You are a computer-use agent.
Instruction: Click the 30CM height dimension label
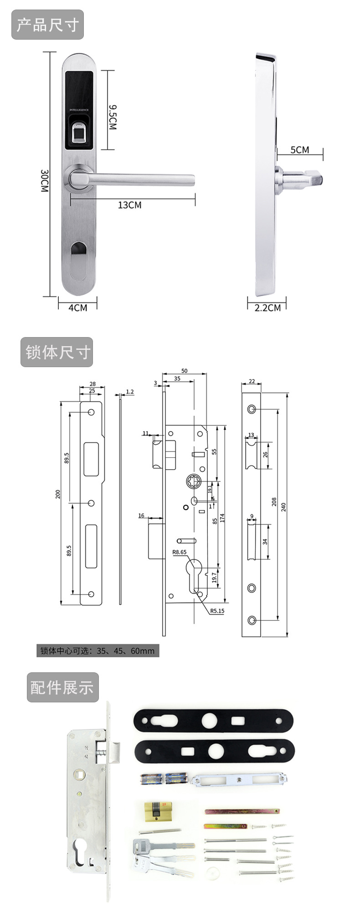[44, 181]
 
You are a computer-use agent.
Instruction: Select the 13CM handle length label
[130, 205]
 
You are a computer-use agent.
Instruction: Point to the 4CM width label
[77, 308]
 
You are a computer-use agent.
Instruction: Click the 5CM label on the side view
[299, 150]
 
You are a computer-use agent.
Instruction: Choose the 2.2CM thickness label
[267, 308]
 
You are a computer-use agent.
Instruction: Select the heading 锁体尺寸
[57, 352]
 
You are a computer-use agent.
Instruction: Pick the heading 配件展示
[62, 687]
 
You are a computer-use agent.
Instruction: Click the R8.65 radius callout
[179, 552]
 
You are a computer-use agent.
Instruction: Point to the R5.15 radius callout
[217, 611]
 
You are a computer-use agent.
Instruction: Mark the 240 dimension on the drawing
[283, 507]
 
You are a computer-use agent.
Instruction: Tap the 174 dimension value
[222, 518]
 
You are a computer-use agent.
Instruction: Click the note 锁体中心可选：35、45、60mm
[98, 651]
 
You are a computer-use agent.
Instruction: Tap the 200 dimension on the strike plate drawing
[58, 494]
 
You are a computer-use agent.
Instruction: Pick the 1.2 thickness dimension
[129, 392]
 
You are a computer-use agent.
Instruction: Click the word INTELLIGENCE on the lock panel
[79, 110]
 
